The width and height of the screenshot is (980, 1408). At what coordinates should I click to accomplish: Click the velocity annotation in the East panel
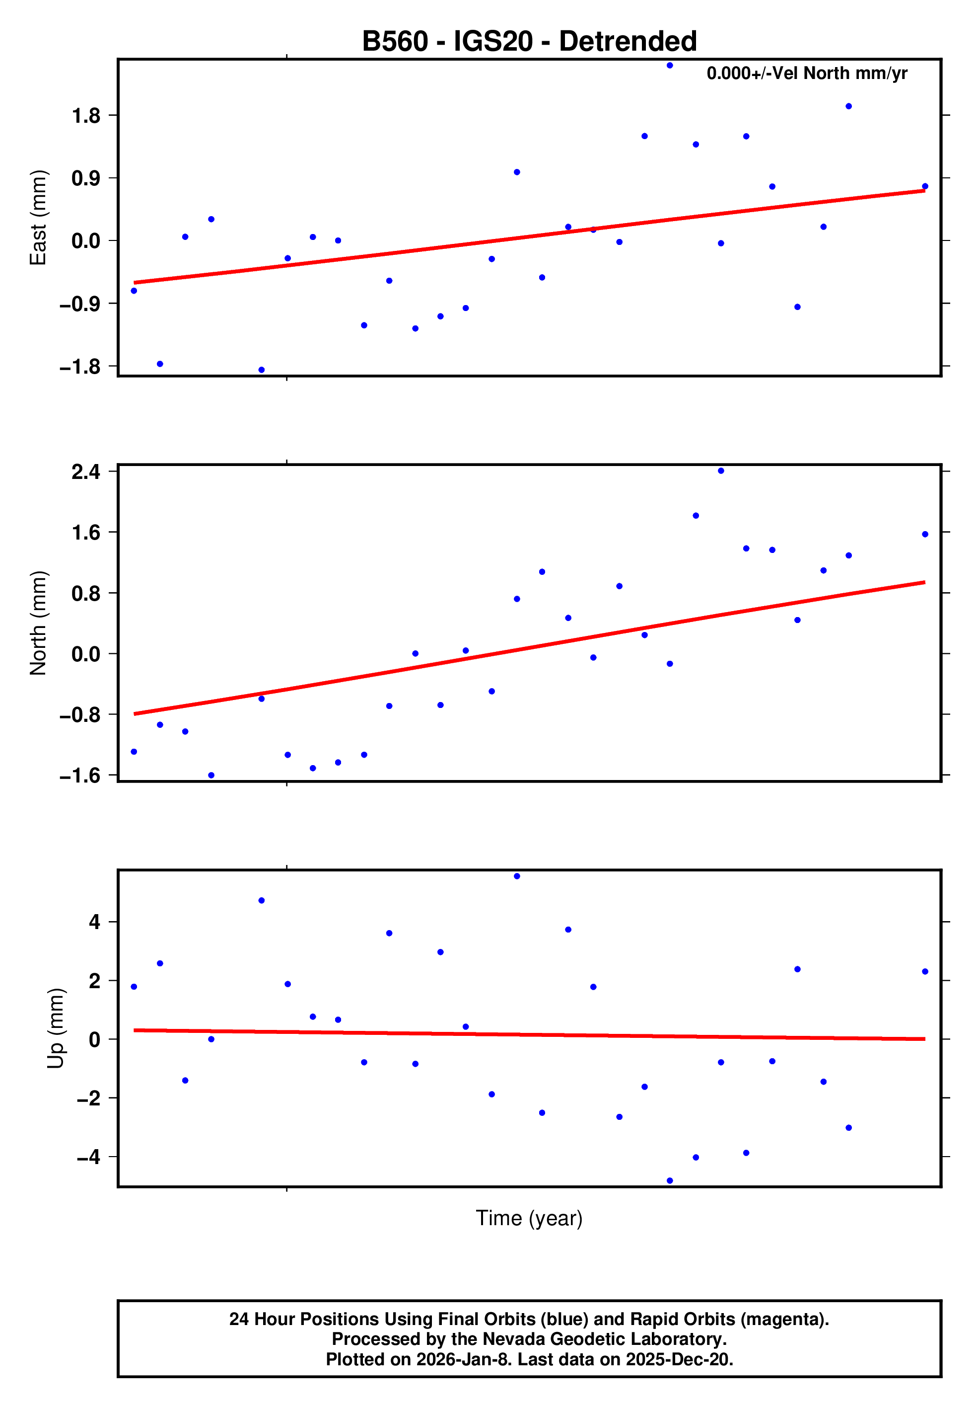click(x=807, y=74)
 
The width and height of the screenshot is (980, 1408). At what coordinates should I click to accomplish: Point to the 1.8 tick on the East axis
click(x=86, y=115)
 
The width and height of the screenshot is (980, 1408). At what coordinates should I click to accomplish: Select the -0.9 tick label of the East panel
click(x=79, y=304)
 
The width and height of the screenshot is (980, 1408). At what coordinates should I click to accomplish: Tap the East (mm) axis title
click(x=38, y=218)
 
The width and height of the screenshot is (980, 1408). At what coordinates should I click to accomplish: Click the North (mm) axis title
click(x=38, y=623)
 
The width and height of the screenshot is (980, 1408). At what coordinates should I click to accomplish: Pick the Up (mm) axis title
click(x=55, y=1028)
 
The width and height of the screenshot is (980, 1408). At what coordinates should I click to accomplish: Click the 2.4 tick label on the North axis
click(x=86, y=471)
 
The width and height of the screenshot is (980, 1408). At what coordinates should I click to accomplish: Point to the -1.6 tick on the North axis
click(x=79, y=776)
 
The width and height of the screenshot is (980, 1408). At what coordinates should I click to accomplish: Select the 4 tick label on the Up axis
click(x=94, y=922)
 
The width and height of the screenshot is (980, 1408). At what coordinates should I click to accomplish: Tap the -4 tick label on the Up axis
click(x=88, y=1157)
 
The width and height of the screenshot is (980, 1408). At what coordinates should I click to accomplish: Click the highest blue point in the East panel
click(x=670, y=66)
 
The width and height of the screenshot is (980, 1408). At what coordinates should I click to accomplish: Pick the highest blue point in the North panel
click(x=721, y=471)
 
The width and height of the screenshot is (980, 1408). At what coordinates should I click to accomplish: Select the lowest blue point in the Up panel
click(x=670, y=1180)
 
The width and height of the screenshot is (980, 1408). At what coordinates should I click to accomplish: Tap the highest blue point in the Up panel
click(x=517, y=876)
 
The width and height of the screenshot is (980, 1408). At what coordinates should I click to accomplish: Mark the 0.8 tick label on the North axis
click(x=86, y=594)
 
